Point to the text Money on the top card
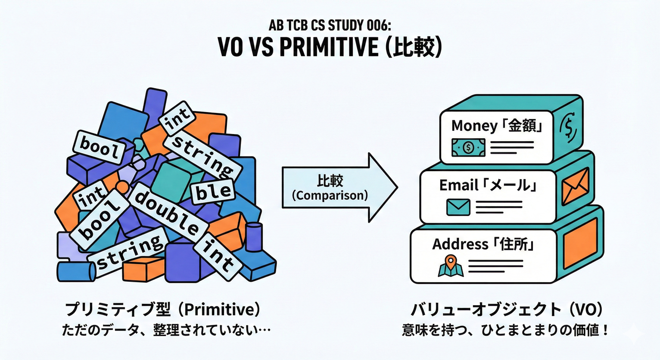tap(474, 126)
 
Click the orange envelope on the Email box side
tap(575, 185)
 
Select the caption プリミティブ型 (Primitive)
tap(162, 310)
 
